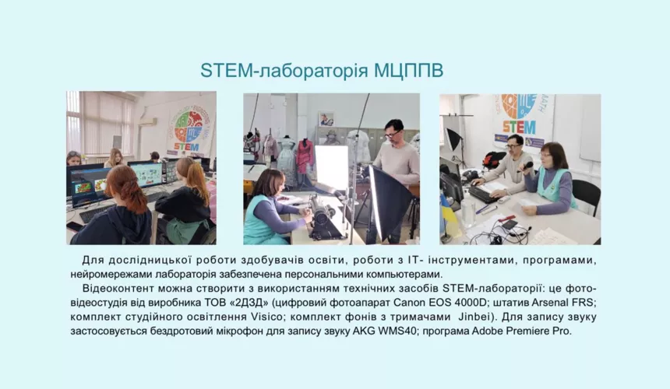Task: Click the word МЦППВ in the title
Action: tap(408, 71)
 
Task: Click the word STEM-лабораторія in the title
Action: tap(284, 71)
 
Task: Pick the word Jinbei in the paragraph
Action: tap(473, 317)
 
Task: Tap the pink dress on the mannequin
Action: tap(305, 158)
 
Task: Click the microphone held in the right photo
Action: tap(525, 166)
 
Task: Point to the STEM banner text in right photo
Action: tap(518, 127)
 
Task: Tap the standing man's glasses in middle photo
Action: tap(393, 133)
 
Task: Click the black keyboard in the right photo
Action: tap(483, 194)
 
